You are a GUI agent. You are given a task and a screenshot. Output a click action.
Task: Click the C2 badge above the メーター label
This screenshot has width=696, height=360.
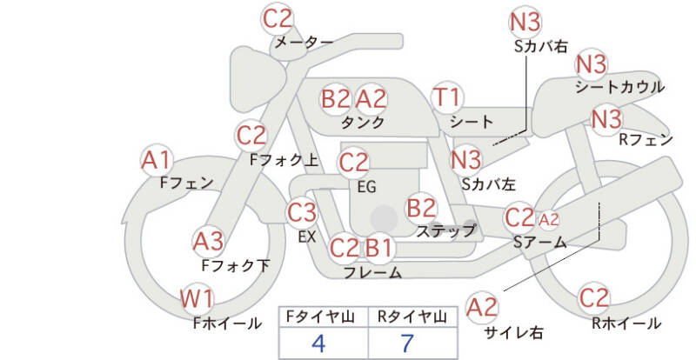pyautogui.click(x=278, y=18)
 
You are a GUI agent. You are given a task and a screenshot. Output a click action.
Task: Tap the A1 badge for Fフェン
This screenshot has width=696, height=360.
pyautogui.click(x=157, y=160)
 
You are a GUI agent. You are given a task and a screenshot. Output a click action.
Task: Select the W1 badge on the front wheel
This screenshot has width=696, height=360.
pyautogui.click(x=197, y=300)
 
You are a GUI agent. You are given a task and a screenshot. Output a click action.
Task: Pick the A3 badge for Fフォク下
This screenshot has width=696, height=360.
pyautogui.click(x=209, y=241)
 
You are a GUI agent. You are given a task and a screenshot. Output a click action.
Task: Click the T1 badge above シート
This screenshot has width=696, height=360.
pyautogui.click(x=449, y=97)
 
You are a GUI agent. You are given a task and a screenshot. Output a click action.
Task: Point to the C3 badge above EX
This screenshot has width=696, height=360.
pyautogui.click(x=303, y=211)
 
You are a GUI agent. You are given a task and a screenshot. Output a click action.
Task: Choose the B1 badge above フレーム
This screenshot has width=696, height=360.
pyautogui.click(x=378, y=249)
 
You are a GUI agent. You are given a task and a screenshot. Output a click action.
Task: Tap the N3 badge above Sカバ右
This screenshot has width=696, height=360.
pyautogui.click(x=525, y=22)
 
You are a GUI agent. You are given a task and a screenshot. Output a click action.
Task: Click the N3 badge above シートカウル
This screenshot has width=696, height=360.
pyautogui.click(x=592, y=64)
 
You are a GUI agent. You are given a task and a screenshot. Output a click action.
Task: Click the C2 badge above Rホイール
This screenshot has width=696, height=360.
pyautogui.click(x=595, y=297)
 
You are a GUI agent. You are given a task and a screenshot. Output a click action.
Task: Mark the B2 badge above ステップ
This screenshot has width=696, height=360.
pyautogui.click(x=422, y=208)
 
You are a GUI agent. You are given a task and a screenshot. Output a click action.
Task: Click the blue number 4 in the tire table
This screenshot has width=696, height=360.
pyautogui.click(x=318, y=343)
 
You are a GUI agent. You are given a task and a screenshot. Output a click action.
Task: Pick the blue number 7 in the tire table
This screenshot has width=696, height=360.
pyautogui.click(x=407, y=343)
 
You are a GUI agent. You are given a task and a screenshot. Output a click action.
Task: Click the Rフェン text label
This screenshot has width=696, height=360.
pyautogui.click(x=646, y=138)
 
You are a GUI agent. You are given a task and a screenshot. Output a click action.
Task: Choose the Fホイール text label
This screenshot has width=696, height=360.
pyautogui.click(x=227, y=323)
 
